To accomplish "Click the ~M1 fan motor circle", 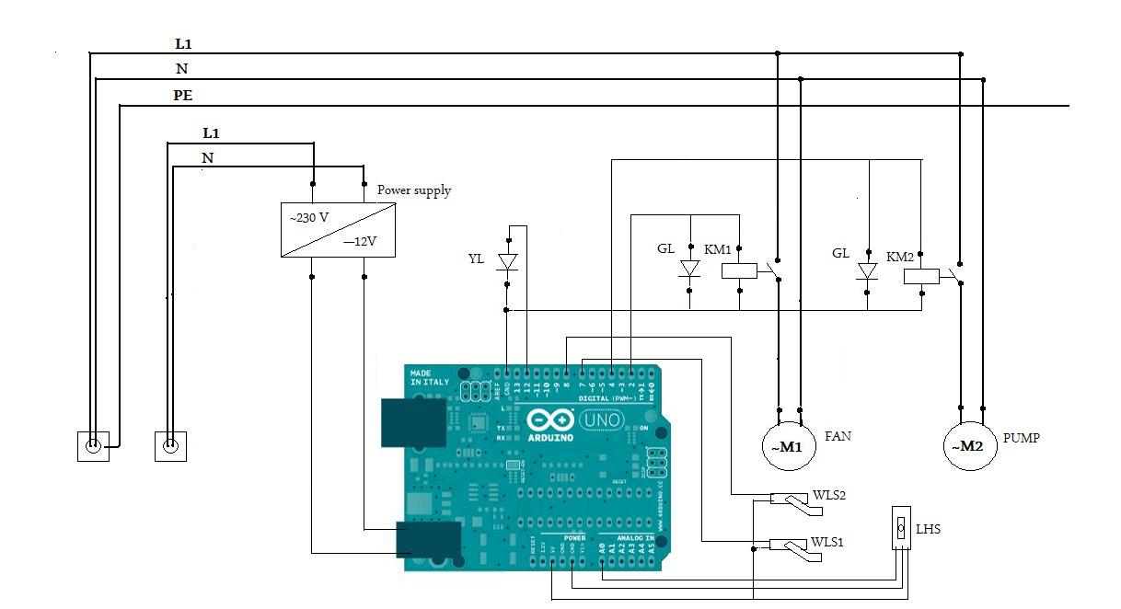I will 789,446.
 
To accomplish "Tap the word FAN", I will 838,436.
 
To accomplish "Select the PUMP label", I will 1021,438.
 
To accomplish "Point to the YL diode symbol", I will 506,261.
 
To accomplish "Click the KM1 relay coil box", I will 740,270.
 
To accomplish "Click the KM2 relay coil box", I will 921,275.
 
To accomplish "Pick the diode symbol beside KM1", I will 689,269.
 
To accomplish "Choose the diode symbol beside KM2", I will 866,271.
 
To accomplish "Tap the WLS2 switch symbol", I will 789,500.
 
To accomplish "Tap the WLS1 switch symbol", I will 789,546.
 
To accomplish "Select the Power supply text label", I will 414,190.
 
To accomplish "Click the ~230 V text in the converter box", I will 310,218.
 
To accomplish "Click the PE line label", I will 183,95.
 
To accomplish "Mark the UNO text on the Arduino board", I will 603,420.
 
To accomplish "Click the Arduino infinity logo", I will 551,420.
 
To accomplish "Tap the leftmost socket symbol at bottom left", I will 93,446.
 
